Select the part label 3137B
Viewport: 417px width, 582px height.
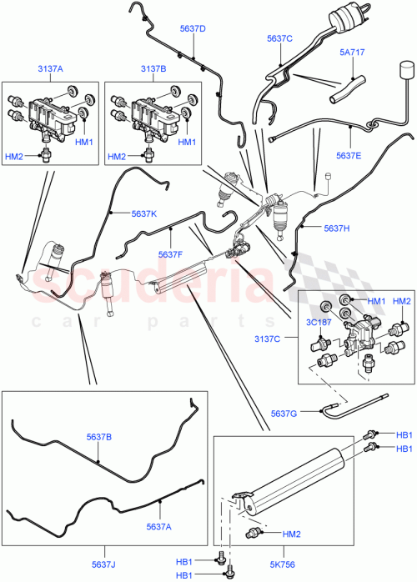[x=154, y=70]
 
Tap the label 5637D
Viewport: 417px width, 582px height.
[x=193, y=29]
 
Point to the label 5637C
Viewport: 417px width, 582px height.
[x=280, y=38]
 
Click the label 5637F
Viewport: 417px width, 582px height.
[x=171, y=254]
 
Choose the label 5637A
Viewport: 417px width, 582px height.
[x=158, y=525]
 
